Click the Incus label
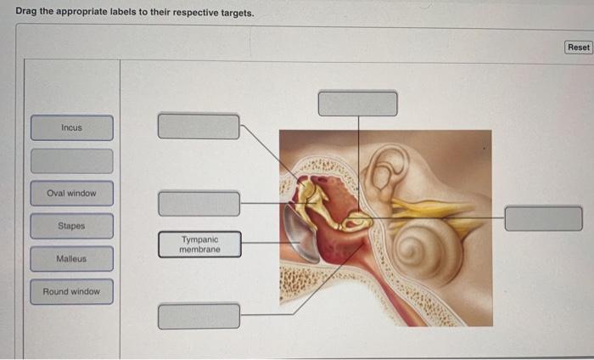[x=72, y=127]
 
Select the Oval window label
[x=72, y=193]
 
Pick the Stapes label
[x=72, y=226]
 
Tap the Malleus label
[x=72, y=258]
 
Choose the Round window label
[x=72, y=291]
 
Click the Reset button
[x=579, y=48]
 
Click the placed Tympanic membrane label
[x=199, y=245]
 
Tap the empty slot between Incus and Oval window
[x=72, y=160]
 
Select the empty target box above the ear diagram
[x=357, y=103]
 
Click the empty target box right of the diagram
[x=543, y=218]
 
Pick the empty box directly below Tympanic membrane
[x=199, y=315]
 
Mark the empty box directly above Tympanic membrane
[x=199, y=203]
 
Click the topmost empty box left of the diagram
[x=199, y=126]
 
